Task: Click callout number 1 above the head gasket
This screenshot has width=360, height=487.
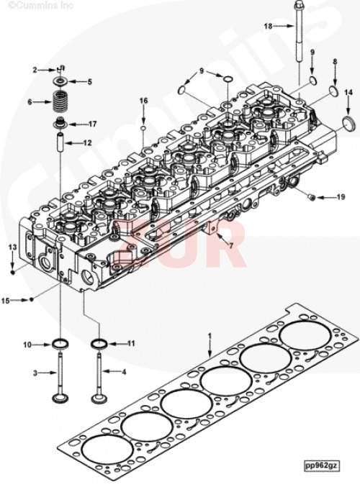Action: click(x=210, y=336)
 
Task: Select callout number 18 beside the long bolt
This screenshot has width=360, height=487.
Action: click(x=268, y=27)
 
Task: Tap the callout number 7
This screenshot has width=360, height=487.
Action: click(x=230, y=246)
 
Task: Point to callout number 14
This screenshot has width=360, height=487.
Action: click(x=348, y=92)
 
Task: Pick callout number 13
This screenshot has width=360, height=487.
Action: click(x=12, y=247)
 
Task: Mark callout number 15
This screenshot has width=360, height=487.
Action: click(x=6, y=299)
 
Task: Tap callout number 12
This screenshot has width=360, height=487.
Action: click(x=87, y=143)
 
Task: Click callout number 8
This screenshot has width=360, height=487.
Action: click(x=334, y=63)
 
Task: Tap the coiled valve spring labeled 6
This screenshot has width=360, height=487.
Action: click(x=60, y=101)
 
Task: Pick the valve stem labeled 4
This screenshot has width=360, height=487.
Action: click(x=99, y=374)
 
